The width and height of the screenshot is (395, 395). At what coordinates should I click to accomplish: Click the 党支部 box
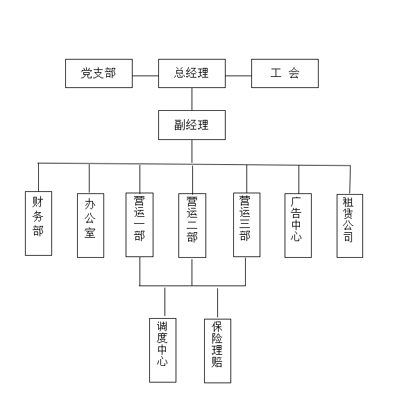click(99, 73)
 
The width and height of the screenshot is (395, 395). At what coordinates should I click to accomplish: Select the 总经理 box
click(192, 73)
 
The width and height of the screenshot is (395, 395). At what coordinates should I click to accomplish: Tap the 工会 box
click(285, 73)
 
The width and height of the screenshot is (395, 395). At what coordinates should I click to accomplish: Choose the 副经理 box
click(192, 125)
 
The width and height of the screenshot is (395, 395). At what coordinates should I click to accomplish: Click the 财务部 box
click(39, 223)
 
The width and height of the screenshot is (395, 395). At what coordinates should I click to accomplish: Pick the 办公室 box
click(91, 225)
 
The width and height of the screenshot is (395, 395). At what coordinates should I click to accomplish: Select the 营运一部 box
click(140, 225)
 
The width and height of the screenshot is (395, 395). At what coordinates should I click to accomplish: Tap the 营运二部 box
click(192, 225)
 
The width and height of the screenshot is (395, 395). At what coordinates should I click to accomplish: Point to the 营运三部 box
click(247, 225)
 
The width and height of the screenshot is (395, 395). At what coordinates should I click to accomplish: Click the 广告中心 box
click(298, 225)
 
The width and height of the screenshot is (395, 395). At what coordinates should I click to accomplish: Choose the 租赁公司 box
click(350, 226)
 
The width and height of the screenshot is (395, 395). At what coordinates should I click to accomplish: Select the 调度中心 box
click(163, 350)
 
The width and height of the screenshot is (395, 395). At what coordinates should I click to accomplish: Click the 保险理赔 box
click(217, 351)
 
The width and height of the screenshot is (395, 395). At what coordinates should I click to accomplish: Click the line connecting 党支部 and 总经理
click(145, 76)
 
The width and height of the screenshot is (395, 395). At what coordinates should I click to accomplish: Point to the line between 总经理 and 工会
click(239, 76)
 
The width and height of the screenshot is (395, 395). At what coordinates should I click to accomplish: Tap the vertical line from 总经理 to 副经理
click(192, 99)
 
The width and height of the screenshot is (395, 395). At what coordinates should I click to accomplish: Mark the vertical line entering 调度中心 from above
click(165, 301)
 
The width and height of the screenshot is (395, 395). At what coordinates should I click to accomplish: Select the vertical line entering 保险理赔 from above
click(217, 303)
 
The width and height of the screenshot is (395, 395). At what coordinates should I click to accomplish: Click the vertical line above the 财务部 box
click(38, 177)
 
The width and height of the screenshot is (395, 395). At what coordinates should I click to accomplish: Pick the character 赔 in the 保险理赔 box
click(217, 361)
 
